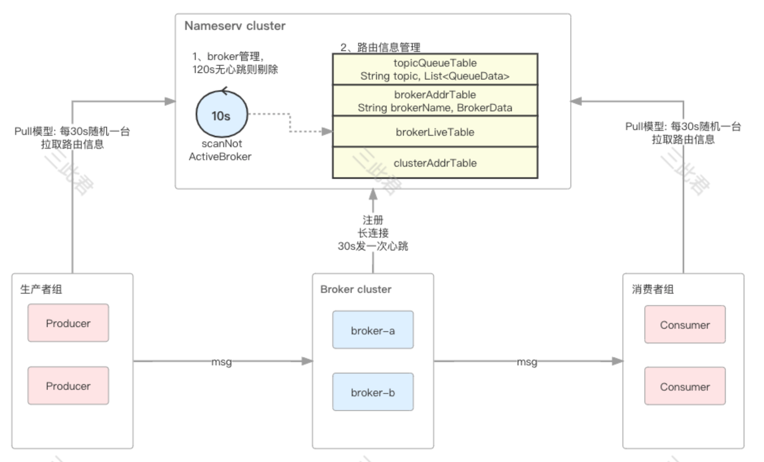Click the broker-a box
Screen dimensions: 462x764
click(373, 330)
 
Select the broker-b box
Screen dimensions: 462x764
click(373, 392)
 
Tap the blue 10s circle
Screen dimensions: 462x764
click(221, 114)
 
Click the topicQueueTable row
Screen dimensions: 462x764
click(435, 69)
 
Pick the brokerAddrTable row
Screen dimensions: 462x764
click(435, 101)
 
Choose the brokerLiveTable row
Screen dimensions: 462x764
click(435, 132)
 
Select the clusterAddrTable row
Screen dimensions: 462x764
click(435, 163)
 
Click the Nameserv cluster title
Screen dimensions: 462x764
click(235, 26)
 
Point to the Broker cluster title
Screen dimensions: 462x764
click(356, 289)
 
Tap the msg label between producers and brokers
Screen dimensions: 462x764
click(221, 362)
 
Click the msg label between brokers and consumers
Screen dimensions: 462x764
click(527, 362)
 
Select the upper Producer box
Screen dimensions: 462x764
click(68, 323)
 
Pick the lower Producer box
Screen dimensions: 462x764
click(68, 386)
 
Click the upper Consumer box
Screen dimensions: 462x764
click(685, 325)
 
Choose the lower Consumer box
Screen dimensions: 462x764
click(685, 386)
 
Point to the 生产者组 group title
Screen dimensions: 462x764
click(41, 289)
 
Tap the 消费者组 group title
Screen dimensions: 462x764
click(653, 289)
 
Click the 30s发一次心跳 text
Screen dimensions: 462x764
click(373, 246)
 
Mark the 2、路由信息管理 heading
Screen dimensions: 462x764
click(380, 47)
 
